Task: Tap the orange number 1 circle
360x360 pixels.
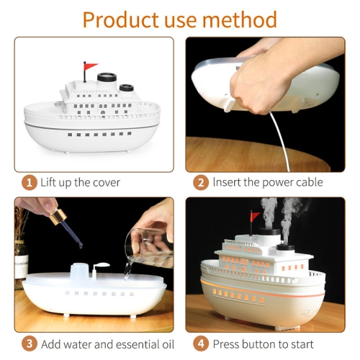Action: (29, 181)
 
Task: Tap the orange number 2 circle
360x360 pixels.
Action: (201, 181)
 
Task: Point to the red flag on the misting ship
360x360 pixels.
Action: (255, 216)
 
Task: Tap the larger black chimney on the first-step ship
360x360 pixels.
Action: (108, 76)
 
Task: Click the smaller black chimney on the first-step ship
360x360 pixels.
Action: (127, 88)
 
